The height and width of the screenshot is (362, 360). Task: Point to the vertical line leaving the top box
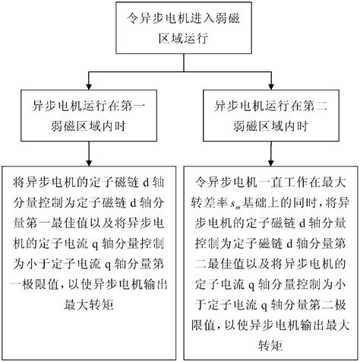pyautogui.click(x=180, y=60)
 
